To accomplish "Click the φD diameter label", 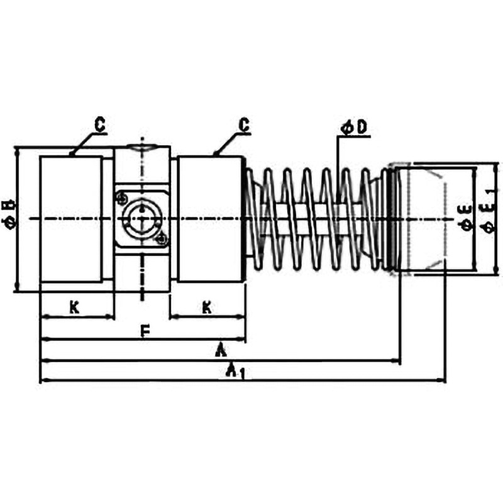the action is click(x=354, y=128).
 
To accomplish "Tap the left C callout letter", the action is click(x=100, y=124).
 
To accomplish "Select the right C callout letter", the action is click(x=244, y=124).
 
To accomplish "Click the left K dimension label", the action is click(x=74, y=308).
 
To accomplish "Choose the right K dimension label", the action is click(x=207, y=308).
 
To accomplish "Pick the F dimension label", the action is click(x=145, y=331).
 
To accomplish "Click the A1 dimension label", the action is click(x=235, y=371).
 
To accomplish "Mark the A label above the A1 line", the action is click(x=221, y=350).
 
